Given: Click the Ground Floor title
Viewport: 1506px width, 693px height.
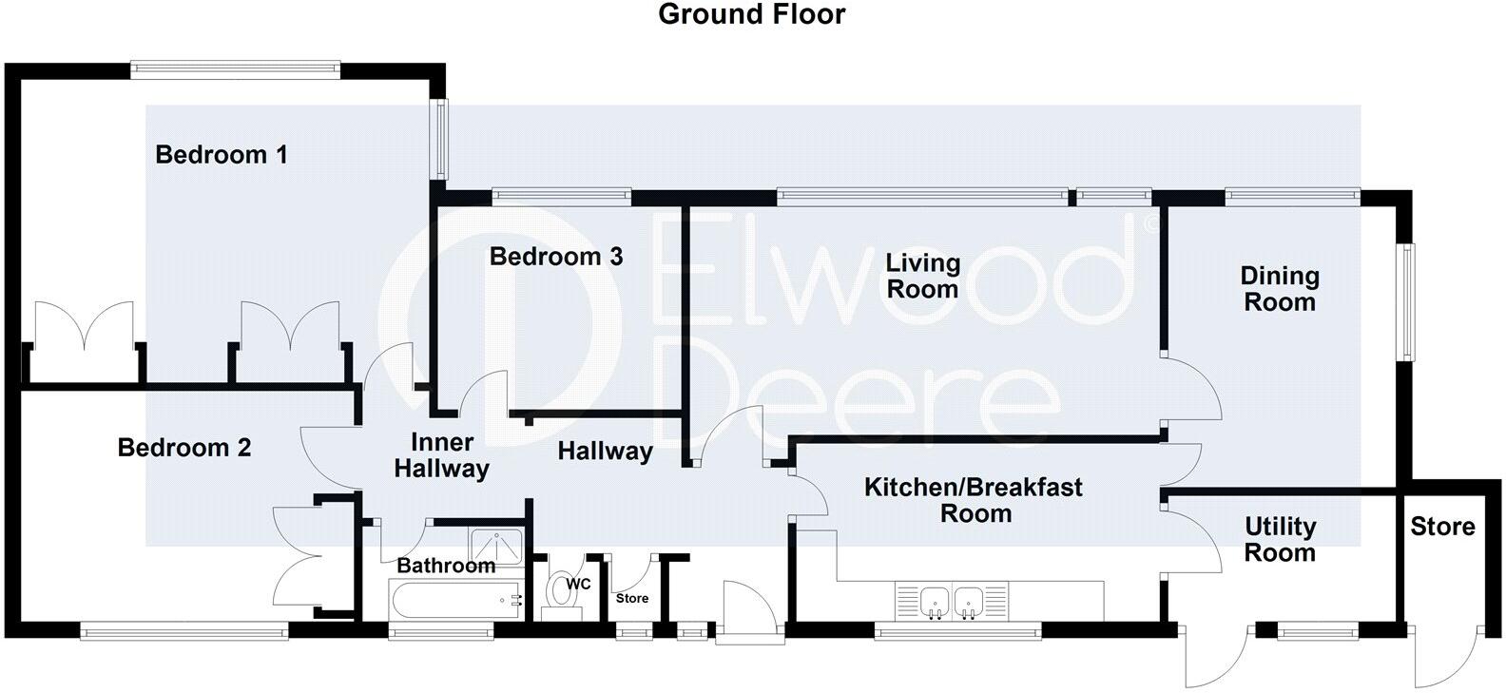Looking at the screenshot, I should (751, 15).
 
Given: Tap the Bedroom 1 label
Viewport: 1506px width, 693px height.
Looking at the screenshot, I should (222, 154).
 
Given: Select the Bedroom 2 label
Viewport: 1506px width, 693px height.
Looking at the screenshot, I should (184, 447).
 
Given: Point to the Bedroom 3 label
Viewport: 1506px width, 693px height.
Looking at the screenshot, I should (556, 256).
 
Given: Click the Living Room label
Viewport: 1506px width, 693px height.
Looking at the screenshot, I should (922, 276).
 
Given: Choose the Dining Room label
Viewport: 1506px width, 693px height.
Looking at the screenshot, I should (1280, 289).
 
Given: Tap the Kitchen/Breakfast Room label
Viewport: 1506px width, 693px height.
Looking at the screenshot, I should (974, 500).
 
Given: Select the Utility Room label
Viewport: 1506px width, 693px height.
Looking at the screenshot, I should (1280, 539).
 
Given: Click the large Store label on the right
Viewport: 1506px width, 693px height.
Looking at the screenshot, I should (1442, 527).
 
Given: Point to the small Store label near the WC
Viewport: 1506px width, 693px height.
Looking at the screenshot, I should (632, 598).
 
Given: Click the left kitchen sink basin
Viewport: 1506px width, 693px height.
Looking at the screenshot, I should (935, 601).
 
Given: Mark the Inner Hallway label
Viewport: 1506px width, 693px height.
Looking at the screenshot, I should (442, 455).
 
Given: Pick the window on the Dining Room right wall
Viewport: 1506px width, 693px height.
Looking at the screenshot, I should (1405, 301).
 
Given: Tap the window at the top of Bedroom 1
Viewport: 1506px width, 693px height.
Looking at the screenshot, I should (235, 67).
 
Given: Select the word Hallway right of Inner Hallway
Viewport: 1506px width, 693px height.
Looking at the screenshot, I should (605, 451).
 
